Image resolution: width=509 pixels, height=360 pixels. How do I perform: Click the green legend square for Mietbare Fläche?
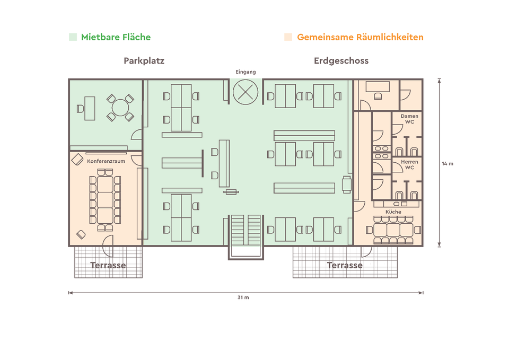[73, 37]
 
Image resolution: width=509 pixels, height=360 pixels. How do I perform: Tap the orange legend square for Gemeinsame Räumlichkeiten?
[288, 37]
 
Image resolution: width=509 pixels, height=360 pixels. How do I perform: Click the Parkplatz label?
[144, 60]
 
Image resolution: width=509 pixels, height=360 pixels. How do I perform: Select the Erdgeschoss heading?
[341, 60]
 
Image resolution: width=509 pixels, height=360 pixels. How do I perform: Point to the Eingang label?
[245, 72]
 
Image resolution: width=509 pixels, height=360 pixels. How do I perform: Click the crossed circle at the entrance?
[245, 92]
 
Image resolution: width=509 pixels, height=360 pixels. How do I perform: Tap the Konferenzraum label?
[106, 161]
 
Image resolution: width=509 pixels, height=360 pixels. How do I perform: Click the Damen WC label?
[409, 119]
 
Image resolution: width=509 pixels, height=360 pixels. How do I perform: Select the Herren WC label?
[409, 164]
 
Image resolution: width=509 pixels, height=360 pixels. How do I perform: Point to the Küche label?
[393, 212]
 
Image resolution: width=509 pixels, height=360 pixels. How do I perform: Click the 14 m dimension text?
[447, 163]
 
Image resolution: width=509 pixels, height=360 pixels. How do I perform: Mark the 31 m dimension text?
[243, 297]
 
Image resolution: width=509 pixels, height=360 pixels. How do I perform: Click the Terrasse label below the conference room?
[108, 265]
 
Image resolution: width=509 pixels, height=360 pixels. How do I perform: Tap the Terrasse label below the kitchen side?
[345, 265]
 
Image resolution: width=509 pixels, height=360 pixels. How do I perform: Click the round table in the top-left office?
[120, 108]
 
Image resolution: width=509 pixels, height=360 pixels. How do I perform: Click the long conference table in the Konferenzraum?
[105, 199]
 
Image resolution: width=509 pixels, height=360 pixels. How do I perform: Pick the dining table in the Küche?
[393, 230]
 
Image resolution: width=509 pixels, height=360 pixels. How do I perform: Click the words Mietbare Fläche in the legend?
[116, 37]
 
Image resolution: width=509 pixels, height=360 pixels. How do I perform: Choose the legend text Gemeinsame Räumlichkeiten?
[360, 37]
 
